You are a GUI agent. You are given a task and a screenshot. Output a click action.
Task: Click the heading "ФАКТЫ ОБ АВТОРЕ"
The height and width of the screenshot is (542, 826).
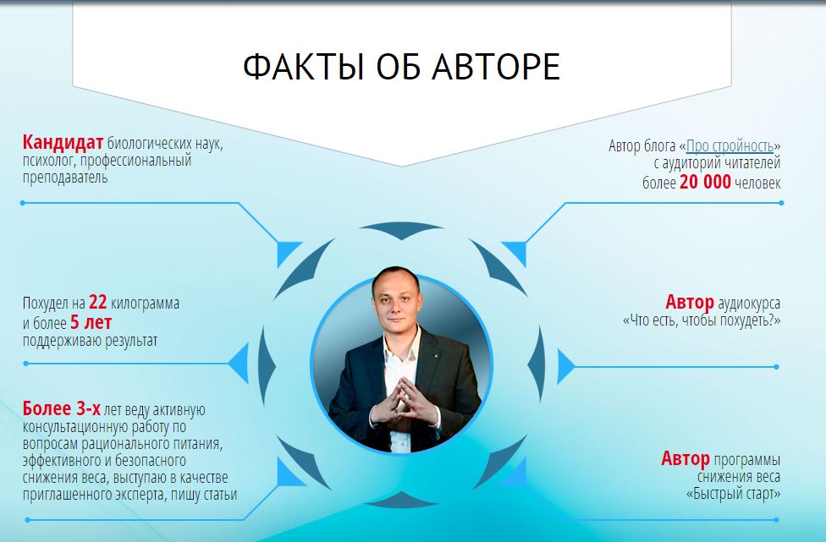[401, 67]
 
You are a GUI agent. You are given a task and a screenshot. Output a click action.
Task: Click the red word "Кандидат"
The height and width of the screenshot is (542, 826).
[63, 142]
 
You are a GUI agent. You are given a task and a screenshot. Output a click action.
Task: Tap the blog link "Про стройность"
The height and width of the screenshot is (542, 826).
[730, 145]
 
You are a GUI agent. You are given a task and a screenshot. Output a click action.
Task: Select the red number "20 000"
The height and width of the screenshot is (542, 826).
[705, 182]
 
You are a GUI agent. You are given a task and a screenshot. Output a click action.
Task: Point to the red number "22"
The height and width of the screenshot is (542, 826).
[98, 303]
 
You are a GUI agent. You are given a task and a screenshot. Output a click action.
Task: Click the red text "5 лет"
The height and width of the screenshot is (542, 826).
[91, 322]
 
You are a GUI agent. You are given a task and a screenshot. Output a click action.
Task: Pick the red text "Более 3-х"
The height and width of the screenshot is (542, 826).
[61, 408]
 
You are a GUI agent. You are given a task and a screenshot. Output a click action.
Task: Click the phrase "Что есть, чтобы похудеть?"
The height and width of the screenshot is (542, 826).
[702, 320]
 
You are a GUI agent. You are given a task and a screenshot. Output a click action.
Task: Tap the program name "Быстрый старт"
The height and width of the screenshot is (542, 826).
[733, 494]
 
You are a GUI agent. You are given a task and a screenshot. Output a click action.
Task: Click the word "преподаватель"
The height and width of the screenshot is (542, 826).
[65, 178]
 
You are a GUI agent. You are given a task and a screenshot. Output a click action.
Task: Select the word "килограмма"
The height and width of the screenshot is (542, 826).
[145, 304]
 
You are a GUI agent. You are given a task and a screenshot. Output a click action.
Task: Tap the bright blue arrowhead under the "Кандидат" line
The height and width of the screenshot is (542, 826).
[287, 253]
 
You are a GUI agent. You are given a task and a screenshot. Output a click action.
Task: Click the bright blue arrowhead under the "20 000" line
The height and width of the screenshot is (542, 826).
[515, 253]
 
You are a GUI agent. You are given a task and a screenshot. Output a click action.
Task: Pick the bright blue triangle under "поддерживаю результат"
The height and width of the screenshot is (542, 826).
[240, 363]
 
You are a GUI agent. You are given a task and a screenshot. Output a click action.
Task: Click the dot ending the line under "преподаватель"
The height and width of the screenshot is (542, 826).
[23, 203]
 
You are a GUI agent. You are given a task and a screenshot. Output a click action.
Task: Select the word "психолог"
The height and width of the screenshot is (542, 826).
[47, 161]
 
